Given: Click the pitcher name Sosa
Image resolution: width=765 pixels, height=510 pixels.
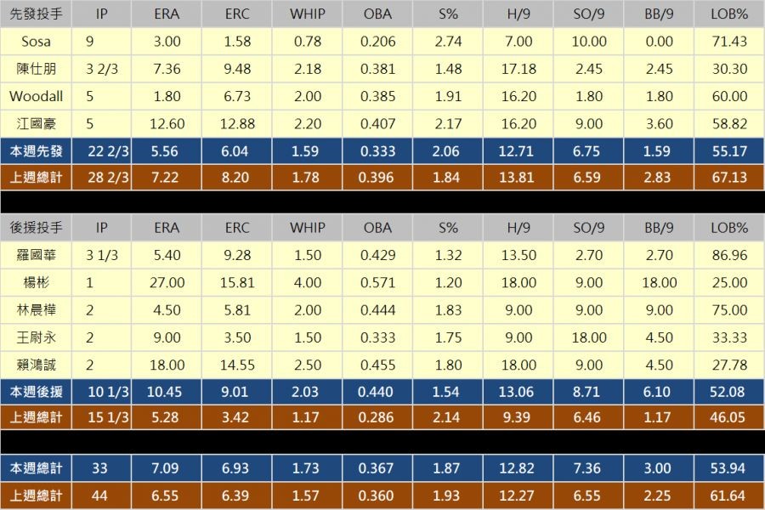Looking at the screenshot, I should click(x=36, y=42).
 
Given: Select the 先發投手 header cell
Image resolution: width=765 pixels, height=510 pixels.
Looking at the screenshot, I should click(x=36, y=14).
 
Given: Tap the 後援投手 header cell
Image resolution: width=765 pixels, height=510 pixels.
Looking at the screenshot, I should click(x=36, y=228).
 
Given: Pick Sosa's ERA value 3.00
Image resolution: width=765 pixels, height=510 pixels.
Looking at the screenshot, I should click(x=167, y=42).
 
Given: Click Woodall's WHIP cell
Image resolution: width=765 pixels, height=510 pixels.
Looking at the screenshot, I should click(x=307, y=97).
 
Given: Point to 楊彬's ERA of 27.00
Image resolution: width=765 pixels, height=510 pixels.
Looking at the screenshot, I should click(x=167, y=283).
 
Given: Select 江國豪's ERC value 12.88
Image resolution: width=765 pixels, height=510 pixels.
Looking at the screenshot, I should click(x=238, y=124).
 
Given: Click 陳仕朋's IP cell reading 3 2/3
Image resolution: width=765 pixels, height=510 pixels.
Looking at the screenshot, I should click(x=102, y=69).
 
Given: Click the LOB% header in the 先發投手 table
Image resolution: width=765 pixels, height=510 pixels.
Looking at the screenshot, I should click(x=728, y=14).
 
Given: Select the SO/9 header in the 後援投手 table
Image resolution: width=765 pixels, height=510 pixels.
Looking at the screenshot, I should click(x=587, y=228).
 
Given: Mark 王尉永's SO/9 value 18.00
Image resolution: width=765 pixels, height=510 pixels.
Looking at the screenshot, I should click(x=587, y=337).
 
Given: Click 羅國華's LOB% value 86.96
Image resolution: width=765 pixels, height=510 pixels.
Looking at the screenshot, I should click(x=728, y=255).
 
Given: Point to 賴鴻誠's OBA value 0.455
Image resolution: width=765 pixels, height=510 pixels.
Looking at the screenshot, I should click(x=377, y=365).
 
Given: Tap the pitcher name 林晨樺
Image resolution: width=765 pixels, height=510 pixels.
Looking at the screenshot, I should click(x=36, y=310).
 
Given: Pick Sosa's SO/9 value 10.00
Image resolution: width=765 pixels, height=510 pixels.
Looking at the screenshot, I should click(x=587, y=42).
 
